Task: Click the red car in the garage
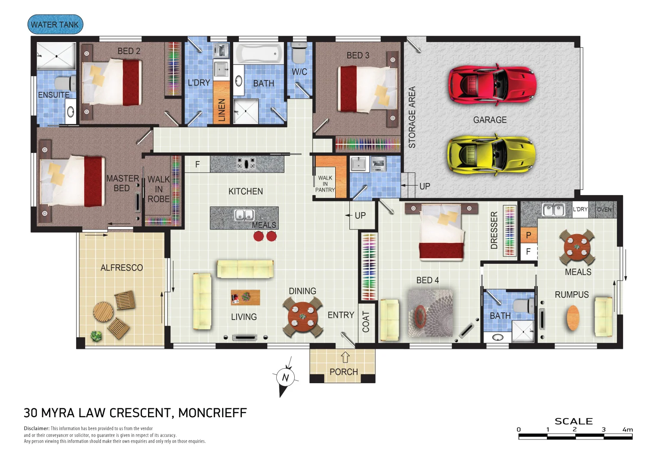(492, 85)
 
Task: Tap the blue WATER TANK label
(55, 24)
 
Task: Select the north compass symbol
(285, 378)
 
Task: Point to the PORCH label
(343, 372)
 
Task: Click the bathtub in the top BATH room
(259, 53)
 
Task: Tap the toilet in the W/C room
(299, 53)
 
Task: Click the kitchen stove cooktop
(246, 164)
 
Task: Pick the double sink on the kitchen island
(244, 215)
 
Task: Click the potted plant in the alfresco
(96, 336)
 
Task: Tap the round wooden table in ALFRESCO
(103, 311)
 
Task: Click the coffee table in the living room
(245, 297)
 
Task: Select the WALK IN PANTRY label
(325, 184)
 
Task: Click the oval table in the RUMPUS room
(573, 317)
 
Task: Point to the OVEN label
(604, 210)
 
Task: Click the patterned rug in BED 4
(430, 313)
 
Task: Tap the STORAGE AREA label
(412, 117)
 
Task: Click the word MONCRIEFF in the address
(213, 413)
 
